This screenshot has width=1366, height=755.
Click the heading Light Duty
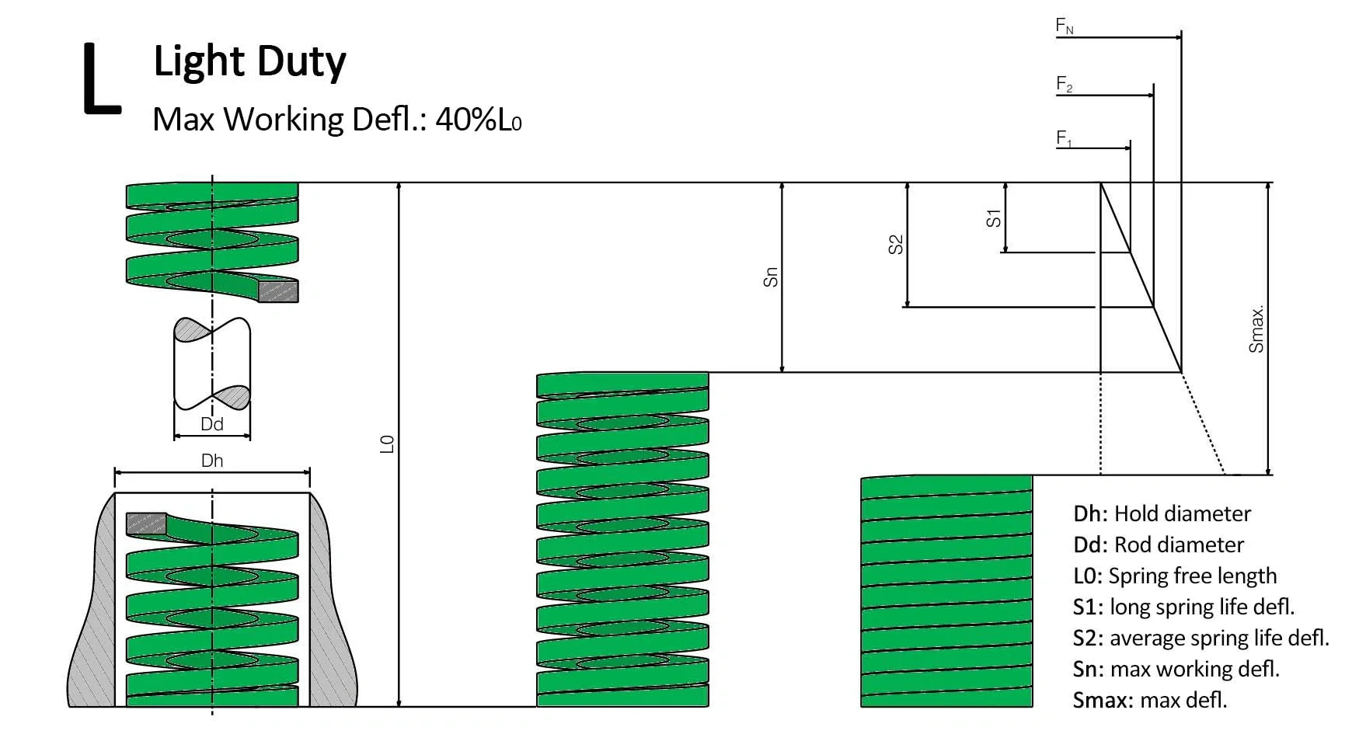(249, 61)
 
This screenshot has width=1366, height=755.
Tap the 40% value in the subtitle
(465, 120)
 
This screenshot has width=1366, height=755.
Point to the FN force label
(1065, 26)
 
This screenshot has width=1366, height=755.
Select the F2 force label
(1065, 84)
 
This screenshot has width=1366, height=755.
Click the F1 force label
(1064, 139)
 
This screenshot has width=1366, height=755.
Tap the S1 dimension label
(993, 218)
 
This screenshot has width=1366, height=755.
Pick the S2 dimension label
(896, 245)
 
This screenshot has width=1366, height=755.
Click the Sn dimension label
(770, 277)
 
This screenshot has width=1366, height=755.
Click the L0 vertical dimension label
(387, 444)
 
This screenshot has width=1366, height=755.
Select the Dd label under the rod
(212, 424)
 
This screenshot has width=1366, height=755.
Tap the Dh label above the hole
(212, 461)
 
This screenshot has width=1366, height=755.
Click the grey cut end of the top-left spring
(278, 291)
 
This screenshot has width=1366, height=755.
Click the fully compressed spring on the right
(946, 591)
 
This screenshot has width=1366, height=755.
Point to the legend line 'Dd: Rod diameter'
(1158, 545)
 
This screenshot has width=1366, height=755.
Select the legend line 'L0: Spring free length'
(1174, 576)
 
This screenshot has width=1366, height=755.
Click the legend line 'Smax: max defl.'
(1149, 700)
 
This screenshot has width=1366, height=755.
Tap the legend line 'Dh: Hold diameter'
(1162, 513)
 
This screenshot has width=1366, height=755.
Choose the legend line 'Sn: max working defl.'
(1176, 669)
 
